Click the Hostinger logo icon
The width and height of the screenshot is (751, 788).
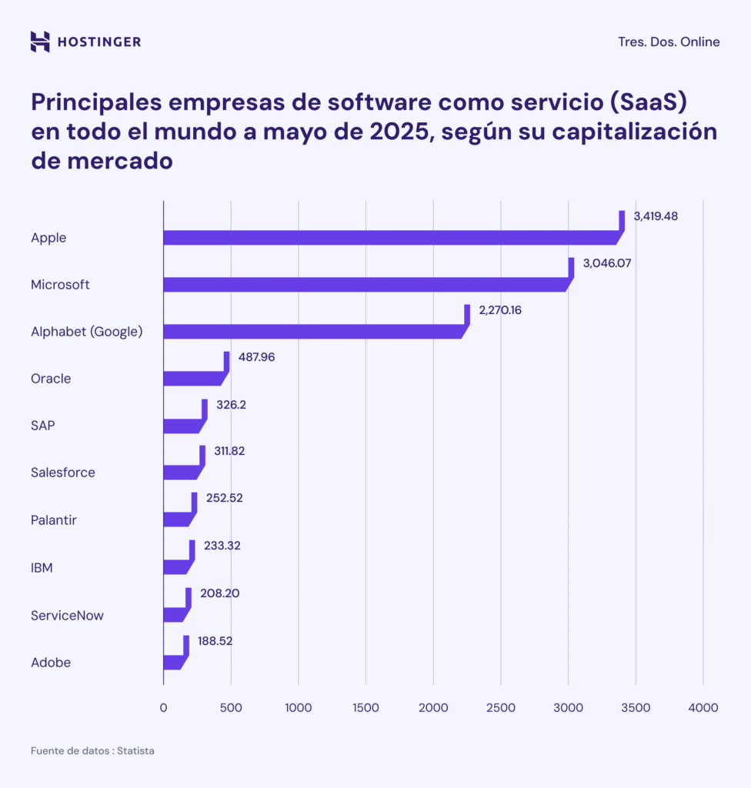coord(40,42)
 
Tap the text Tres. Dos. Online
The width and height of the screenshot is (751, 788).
coord(669,42)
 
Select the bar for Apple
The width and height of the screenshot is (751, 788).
coord(385,238)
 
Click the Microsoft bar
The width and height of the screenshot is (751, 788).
coord(362,285)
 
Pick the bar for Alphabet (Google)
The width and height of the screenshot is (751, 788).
coord(308,332)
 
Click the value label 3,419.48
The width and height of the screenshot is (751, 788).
coord(656,216)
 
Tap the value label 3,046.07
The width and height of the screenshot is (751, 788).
coord(607,263)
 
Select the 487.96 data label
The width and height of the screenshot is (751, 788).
coord(257,358)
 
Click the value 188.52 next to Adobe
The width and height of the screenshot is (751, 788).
coord(216,640)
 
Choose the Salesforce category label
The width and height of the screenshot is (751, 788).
coord(63,472)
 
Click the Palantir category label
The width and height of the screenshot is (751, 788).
coord(54,520)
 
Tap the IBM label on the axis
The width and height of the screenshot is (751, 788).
coord(42,569)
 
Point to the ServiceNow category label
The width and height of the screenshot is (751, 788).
coord(67,616)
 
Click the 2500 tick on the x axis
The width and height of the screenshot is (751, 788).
coord(500,707)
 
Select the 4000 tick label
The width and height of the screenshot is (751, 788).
coord(703,707)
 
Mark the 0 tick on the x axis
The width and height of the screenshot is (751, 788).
coord(163,707)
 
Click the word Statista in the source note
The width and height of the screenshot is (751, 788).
coord(135,750)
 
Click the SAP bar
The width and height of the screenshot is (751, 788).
coord(182,426)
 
